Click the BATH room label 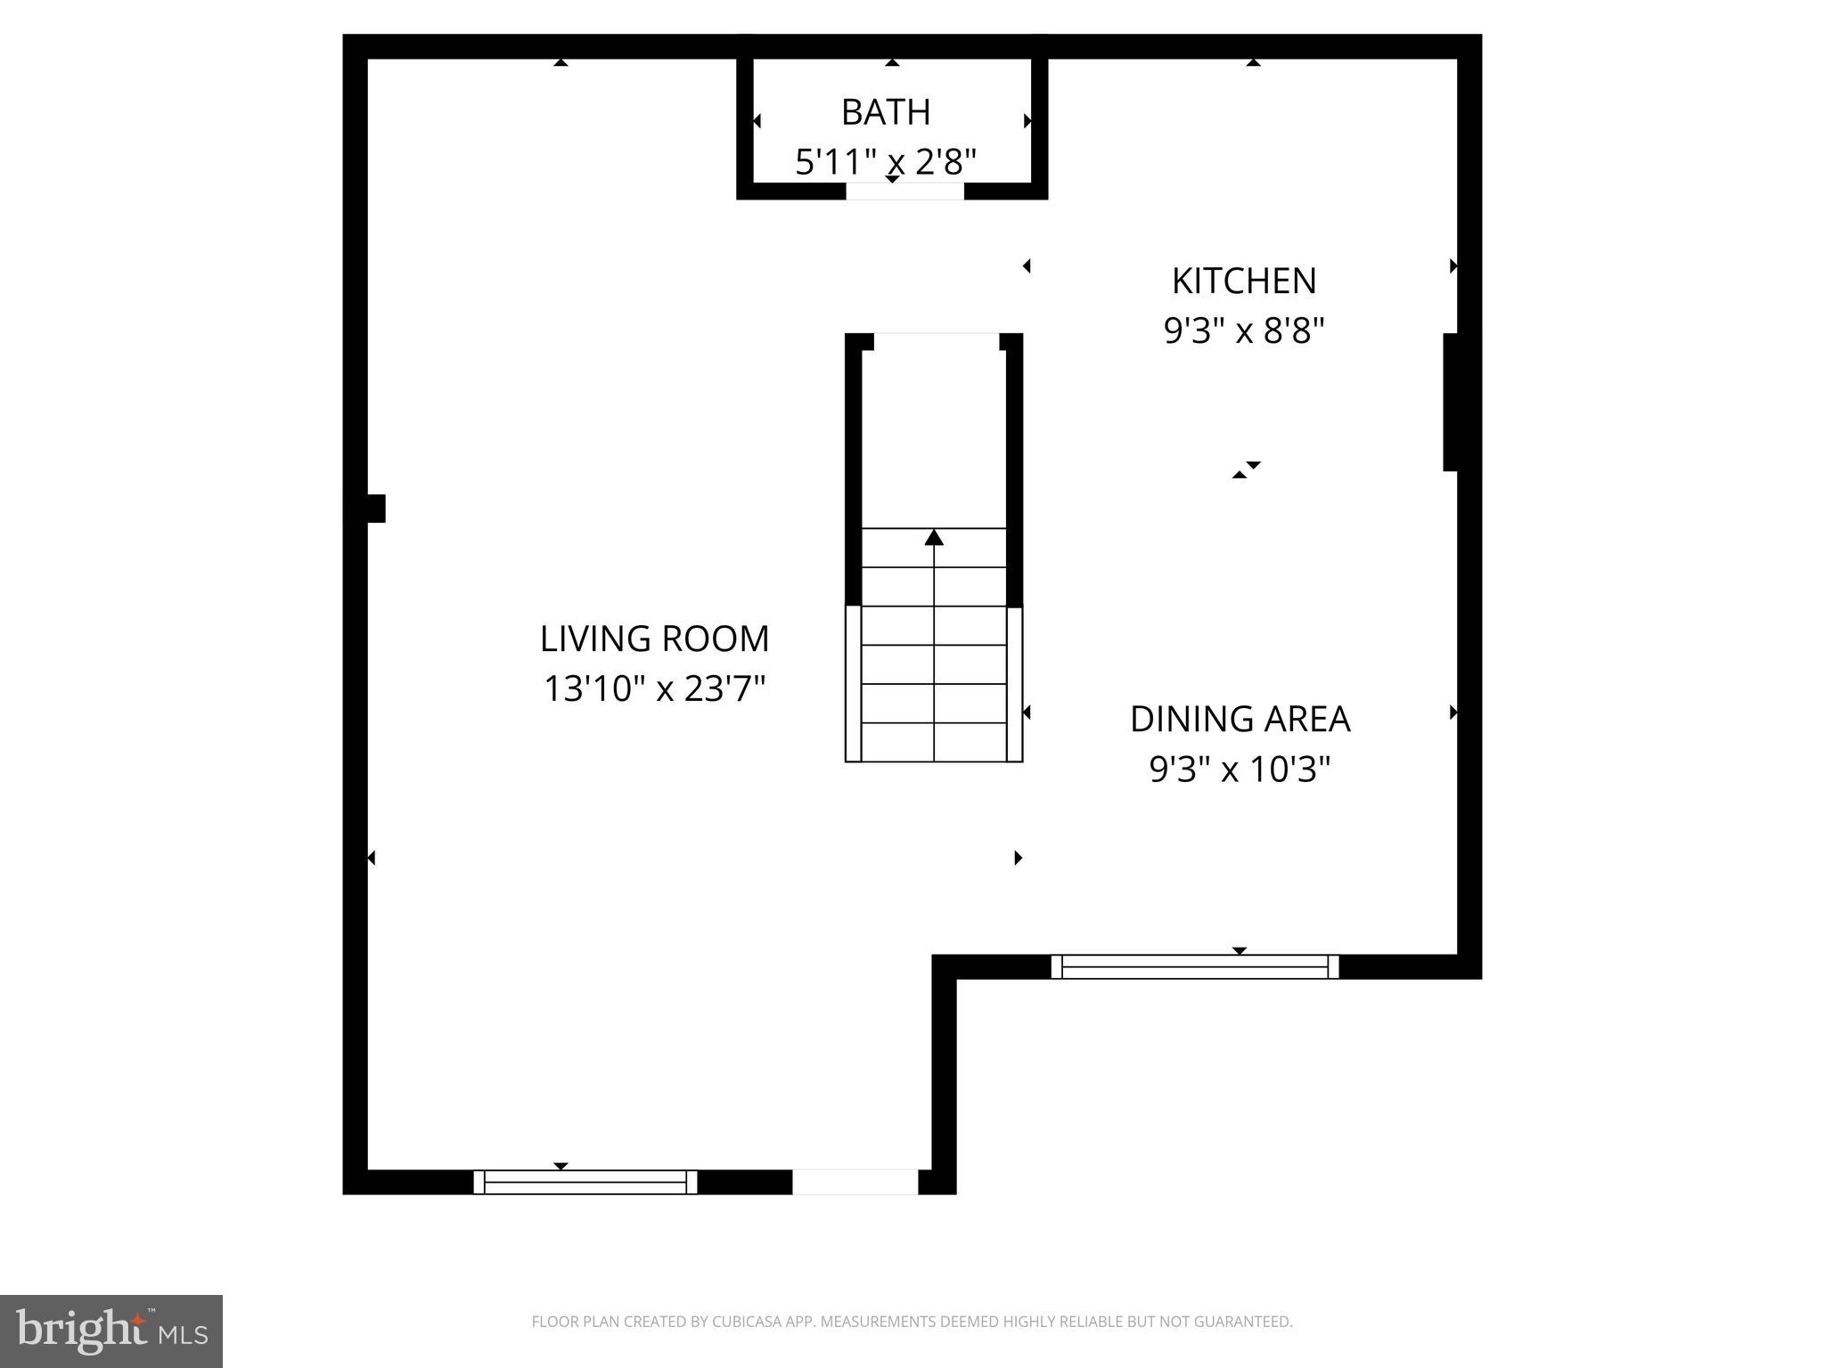(886, 112)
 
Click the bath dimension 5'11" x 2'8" (886, 162)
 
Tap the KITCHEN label (1243, 281)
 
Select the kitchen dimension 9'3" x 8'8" (1244, 331)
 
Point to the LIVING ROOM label (654, 639)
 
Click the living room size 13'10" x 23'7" (654, 688)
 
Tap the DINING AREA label (1240, 719)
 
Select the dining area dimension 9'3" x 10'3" (1240, 769)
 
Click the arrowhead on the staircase (934, 537)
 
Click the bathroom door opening (904, 191)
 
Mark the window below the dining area (1195, 966)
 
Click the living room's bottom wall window (585, 1182)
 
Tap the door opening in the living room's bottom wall (855, 1182)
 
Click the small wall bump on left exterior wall (377, 509)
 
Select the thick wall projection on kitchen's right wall (1451, 402)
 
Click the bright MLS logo (110, 1331)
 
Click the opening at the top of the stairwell (936, 342)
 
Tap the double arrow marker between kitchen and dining (1247, 470)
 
